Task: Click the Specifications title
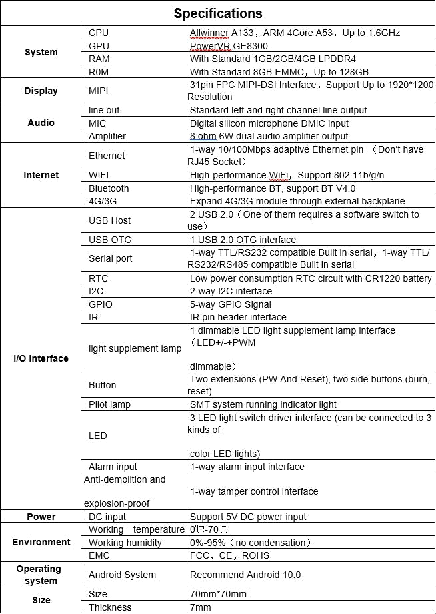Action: point(218,13)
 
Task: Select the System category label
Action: point(41,52)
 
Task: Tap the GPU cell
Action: point(99,46)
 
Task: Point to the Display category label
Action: point(41,91)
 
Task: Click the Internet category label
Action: point(41,175)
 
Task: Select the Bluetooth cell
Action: point(109,188)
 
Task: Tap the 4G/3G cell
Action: point(103,201)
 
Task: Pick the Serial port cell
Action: point(111,258)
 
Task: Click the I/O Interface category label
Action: point(41,358)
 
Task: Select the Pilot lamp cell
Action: point(110,404)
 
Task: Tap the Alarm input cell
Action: point(113,467)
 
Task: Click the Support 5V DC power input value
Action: point(248,517)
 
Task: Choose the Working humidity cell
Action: point(125,543)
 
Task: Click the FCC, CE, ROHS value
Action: point(230,555)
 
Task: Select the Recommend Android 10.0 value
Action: point(245,575)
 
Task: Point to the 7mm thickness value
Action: point(201,607)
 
